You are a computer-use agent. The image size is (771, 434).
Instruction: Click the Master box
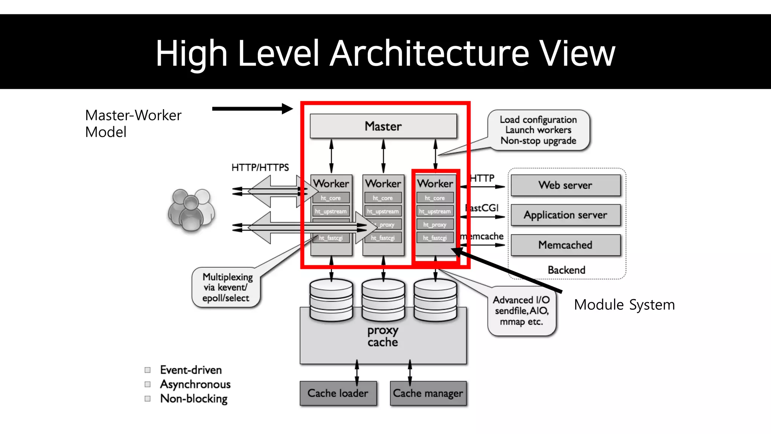[383, 126]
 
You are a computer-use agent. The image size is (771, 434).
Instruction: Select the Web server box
[565, 185]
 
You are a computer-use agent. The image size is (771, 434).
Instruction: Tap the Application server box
[565, 215]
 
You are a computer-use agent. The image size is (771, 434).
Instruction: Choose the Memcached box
[565, 245]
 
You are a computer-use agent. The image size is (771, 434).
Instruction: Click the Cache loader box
[338, 393]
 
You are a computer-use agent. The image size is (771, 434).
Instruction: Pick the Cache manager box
[428, 393]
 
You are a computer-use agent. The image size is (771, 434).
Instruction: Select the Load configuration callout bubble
[538, 130]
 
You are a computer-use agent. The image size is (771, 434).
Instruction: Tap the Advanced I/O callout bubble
[521, 311]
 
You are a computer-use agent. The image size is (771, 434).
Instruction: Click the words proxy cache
[382, 336]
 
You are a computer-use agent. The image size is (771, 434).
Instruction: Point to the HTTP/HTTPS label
[260, 168]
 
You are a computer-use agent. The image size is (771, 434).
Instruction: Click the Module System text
[624, 305]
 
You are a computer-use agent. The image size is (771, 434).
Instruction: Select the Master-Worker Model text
[133, 124]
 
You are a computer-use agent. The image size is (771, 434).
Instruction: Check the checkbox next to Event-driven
[148, 370]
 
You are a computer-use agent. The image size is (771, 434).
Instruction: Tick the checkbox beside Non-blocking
[148, 399]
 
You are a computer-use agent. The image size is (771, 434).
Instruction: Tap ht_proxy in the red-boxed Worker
[435, 225]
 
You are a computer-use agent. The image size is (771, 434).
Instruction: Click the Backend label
[566, 270]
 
